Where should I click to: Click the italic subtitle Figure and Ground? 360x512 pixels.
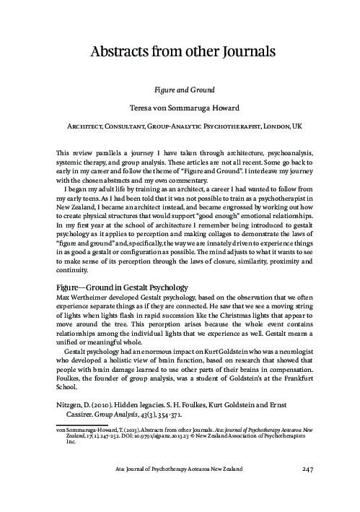coord(179,92)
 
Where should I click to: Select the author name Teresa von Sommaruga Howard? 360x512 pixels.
coord(179,110)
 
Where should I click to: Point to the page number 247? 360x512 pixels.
coord(302,491)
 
